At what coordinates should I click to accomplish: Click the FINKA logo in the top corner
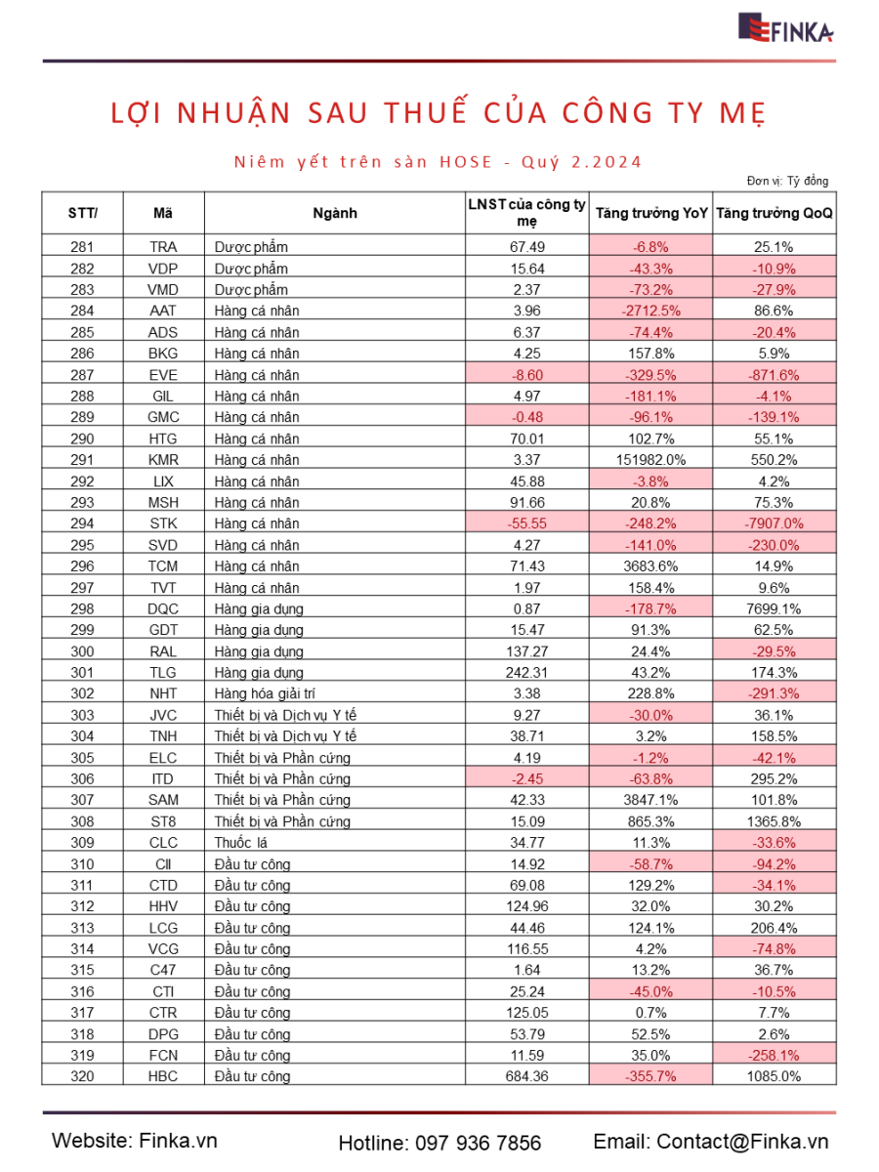coord(785,27)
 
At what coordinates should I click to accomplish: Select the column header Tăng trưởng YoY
coord(651,213)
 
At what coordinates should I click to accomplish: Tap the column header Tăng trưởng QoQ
coord(774,213)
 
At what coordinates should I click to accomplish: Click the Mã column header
coord(163,213)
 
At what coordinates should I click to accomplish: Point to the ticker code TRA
coord(163,247)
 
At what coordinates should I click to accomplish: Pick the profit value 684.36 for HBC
coord(526,1076)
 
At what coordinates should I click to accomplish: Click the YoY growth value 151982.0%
coord(650,460)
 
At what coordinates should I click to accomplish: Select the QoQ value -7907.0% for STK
coord(774,523)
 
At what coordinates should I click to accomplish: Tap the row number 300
coord(82,651)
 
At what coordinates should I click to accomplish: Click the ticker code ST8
coord(163,821)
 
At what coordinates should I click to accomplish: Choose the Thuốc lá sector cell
coord(240,843)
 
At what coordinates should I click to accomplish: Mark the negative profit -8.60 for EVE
coord(526,375)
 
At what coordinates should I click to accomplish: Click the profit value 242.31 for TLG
coord(526,672)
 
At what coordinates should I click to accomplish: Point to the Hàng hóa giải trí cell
coord(265,693)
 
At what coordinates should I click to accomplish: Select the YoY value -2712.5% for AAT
coord(650,311)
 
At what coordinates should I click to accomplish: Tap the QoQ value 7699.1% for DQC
coord(774,608)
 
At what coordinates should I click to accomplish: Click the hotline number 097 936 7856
coord(479,1143)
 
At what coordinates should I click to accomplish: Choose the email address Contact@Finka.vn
coord(742,1142)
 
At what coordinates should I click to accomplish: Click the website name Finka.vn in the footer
coord(179,1141)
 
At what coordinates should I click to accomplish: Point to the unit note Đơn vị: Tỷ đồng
coord(788,181)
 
